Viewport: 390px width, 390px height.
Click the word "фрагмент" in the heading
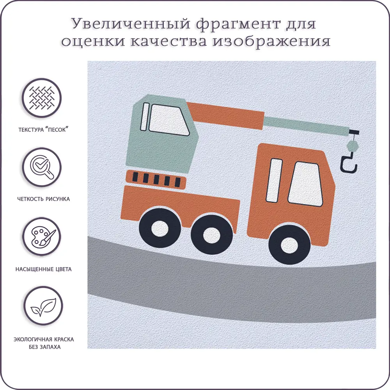point(238,24)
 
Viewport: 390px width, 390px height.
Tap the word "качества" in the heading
point(168,41)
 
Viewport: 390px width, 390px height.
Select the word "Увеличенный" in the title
point(131,24)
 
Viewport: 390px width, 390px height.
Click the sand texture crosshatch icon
point(42,98)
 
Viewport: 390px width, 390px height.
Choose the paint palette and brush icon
point(42,237)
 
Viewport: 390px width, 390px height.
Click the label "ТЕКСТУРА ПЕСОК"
point(43,129)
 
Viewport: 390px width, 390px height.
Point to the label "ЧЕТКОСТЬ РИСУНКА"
point(44,199)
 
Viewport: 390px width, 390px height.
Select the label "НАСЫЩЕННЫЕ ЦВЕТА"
point(44,269)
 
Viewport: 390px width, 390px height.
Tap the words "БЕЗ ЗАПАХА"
point(44,347)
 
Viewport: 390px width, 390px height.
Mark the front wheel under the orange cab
point(289,244)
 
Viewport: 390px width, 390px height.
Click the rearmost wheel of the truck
point(160,228)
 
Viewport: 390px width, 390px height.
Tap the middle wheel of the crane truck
point(212,234)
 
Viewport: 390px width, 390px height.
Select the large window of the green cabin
point(169,120)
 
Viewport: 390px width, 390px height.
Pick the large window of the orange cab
point(305,184)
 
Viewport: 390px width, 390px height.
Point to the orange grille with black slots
point(156,179)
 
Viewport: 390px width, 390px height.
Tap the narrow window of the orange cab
point(274,180)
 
